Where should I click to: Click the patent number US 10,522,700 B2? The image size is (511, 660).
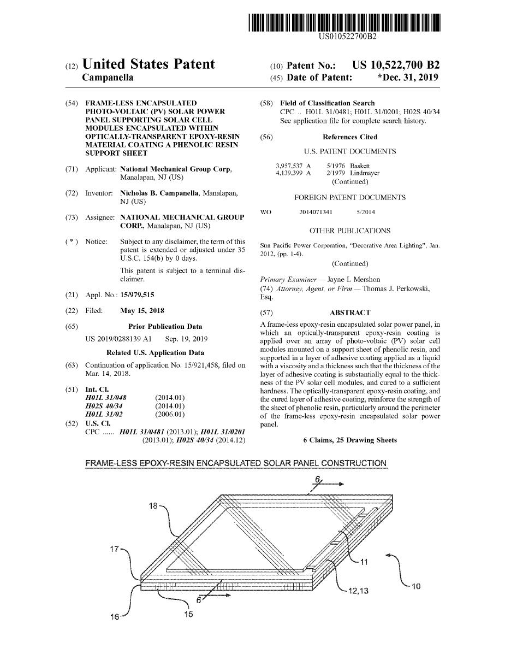point(396,65)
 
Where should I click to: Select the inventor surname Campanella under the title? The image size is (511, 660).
point(107,78)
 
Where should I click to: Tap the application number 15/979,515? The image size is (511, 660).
point(137,295)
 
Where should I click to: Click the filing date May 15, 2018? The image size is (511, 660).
point(142,311)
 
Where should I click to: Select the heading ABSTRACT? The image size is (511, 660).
point(350,313)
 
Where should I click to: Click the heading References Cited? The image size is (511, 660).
point(350,137)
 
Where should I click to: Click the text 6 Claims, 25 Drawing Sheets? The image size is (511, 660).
point(350,440)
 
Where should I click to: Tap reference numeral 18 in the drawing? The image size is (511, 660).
point(154,506)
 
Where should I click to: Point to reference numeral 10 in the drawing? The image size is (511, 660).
point(415,587)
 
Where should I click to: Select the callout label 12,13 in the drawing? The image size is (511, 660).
point(358,590)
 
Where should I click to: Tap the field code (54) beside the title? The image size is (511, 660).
point(72,103)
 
